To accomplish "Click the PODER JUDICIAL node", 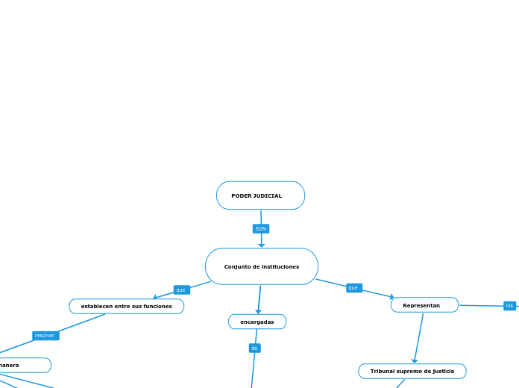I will point(260,195).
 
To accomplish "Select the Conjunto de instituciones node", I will point(261,266).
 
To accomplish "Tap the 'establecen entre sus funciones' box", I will point(126,306).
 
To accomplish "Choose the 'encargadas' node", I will point(257,322).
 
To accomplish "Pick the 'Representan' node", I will point(424,305).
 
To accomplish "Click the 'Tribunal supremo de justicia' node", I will point(412,371).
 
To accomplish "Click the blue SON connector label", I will point(260,228).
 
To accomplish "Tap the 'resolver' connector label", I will point(45,336).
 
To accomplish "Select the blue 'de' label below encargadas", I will point(254,348).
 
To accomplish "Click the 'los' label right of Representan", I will point(509,305).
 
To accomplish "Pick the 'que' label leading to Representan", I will point(353,287).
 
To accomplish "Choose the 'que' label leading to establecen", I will point(180,290).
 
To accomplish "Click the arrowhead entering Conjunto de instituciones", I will point(261,245).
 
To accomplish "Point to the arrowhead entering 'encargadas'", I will point(258,311).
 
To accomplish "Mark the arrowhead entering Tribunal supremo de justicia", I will point(415,360).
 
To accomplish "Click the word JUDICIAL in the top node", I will point(268,195).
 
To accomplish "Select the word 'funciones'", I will point(157,306).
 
